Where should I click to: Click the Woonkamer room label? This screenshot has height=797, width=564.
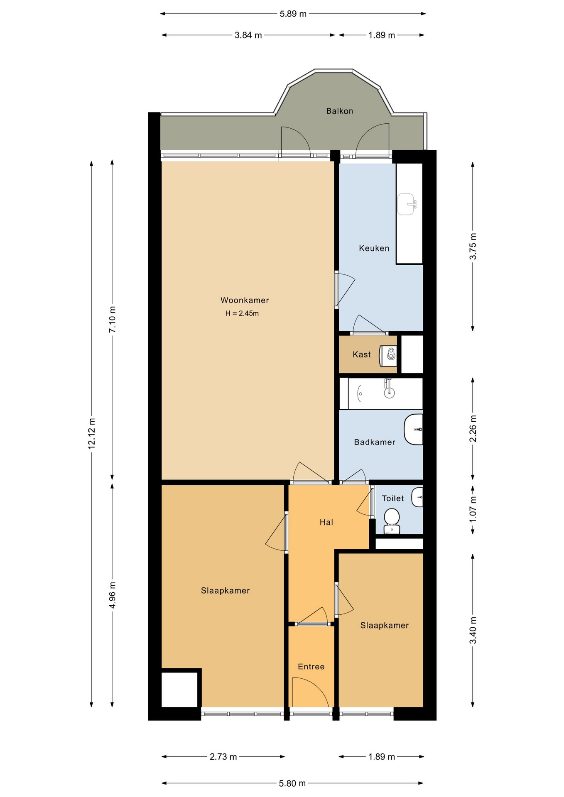(x=245, y=300)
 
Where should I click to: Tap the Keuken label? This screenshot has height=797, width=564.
(x=374, y=248)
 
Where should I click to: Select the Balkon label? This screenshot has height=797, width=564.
(x=340, y=111)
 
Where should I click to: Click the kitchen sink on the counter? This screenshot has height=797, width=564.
(x=407, y=204)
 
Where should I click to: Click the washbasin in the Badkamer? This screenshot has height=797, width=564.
(x=414, y=429)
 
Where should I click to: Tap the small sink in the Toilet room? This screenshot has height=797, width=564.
(x=417, y=497)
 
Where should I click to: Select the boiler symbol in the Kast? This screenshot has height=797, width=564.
(x=389, y=355)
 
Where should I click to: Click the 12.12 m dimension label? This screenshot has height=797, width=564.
(x=92, y=433)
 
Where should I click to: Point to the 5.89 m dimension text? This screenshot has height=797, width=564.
(x=293, y=14)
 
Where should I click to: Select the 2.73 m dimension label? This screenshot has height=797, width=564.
(x=223, y=757)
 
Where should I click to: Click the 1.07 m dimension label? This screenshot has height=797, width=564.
(x=473, y=509)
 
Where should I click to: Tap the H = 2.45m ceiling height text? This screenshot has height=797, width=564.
(x=242, y=313)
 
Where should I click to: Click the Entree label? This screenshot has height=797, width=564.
(x=311, y=667)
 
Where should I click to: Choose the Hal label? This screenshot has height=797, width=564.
(x=326, y=522)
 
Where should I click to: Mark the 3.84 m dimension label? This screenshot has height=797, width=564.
(x=248, y=35)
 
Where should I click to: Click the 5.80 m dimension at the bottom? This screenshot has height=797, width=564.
(x=292, y=783)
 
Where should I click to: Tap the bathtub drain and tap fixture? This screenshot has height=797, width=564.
(x=389, y=388)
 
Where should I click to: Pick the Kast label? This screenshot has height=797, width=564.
(x=362, y=354)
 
